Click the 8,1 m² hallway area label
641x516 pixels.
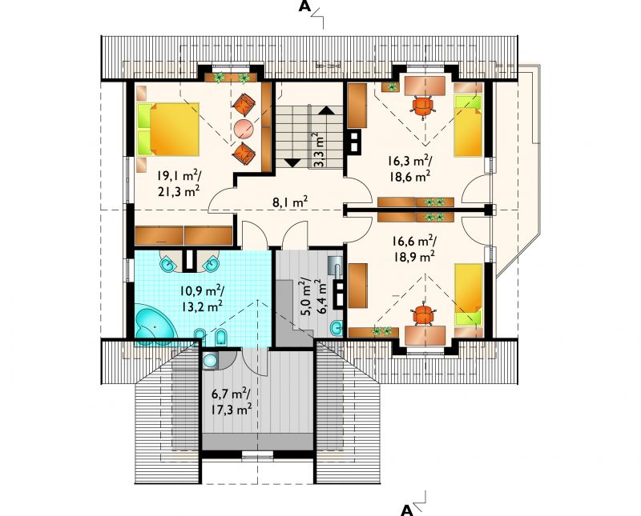point(290,202)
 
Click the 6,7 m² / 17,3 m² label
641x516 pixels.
point(231,402)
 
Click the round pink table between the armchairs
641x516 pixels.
point(244,128)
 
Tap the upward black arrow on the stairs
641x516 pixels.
point(326,110)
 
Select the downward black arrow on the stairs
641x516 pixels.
point(292,162)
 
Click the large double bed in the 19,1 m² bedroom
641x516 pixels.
point(168,130)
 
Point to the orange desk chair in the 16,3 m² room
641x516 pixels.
point(423,106)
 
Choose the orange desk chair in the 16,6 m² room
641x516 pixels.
point(423,314)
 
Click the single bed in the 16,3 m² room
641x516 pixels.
point(469,126)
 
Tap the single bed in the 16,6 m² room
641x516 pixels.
point(469,294)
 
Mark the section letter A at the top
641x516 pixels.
point(304,6)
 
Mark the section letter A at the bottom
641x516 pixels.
point(406,510)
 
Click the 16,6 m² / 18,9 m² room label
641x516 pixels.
point(414,249)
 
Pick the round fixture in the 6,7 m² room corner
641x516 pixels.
point(210,361)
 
